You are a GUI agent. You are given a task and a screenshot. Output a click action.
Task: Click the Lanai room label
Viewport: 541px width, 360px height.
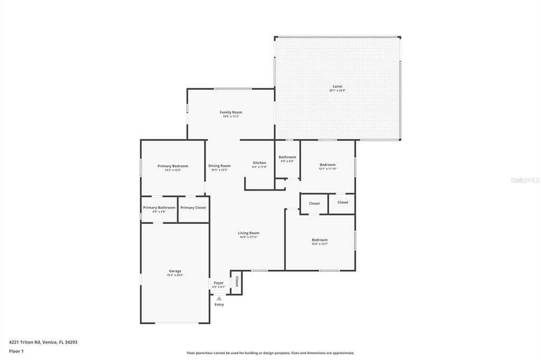point(337,86)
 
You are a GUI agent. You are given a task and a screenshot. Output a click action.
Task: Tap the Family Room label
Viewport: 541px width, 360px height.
point(231,112)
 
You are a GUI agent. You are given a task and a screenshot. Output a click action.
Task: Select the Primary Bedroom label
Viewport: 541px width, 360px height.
point(173,166)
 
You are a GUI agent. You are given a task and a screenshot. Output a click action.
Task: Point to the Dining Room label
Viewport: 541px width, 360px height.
point(219,166)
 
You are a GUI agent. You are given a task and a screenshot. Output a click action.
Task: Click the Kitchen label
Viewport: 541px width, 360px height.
point(259,163)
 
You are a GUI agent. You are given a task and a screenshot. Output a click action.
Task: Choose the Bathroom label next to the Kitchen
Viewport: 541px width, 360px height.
point(287,157)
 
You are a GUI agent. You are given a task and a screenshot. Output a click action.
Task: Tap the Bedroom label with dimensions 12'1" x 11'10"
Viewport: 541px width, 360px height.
point(327,165)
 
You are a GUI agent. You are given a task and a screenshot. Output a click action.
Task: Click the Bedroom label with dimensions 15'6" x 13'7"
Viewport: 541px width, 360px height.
point(320,240)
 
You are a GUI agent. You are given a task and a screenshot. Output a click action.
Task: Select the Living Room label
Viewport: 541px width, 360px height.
point(249,233)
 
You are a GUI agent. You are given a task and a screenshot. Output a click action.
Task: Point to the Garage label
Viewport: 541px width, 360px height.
point(175,271)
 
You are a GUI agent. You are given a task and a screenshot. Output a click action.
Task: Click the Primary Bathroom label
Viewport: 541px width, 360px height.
point(159,207)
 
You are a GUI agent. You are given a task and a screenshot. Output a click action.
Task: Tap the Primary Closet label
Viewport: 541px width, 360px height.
point(193,207)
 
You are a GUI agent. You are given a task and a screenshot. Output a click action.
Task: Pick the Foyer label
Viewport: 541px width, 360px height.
point(219,283)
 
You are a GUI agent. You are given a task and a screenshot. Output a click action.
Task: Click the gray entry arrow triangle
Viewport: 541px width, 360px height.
point(219,298)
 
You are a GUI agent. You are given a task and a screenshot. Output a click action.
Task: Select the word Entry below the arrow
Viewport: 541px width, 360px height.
point(219,305)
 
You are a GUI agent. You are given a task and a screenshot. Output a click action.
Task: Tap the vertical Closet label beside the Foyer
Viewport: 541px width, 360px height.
point(237,281)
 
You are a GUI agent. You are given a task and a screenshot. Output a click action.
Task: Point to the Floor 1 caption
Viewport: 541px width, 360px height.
point(16,351)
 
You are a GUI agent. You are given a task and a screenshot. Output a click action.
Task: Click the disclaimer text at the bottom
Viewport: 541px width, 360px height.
point(270,353)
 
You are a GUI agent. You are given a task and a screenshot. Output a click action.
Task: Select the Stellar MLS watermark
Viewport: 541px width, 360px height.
point(524,180)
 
